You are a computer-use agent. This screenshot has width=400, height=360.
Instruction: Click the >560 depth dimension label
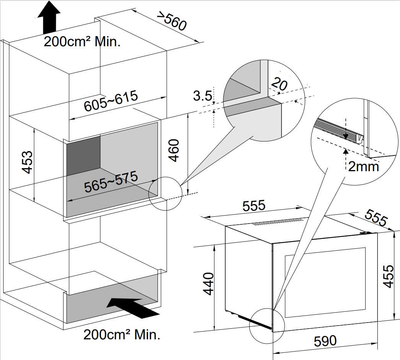[172, 21]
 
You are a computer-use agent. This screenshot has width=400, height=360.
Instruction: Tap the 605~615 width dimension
[111, 101]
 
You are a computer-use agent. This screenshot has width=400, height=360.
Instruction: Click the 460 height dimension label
[174, 150]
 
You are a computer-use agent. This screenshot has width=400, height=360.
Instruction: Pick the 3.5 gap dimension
[202, 96]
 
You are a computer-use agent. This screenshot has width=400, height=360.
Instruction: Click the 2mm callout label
[363, 167]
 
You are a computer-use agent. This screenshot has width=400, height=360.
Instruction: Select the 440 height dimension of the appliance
[207, 284]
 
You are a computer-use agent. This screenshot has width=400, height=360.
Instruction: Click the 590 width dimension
[325, 341]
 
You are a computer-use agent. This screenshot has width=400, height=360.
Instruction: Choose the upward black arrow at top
[49, 17]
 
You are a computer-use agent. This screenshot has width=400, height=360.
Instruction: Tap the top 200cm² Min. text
[82, 41]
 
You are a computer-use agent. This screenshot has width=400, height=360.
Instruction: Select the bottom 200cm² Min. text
[122, 335]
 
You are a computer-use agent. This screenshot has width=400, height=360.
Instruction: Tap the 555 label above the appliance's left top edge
[254, 206]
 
